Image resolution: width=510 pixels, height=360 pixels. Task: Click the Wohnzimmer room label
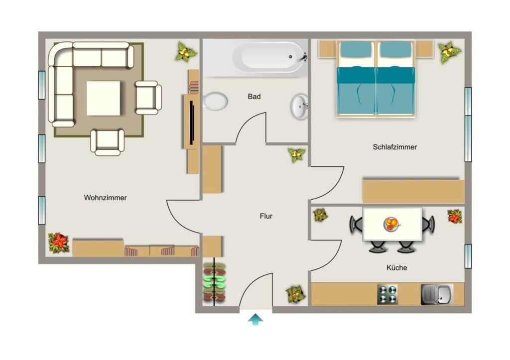[x=105, y=198]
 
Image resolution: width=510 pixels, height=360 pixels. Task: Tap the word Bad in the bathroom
[x=254, y=97]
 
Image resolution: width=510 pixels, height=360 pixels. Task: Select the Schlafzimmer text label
[x=395, y=147]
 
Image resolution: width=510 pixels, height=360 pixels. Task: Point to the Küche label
[x=396, y=268]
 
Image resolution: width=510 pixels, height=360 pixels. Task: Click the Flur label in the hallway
[x=266, y=216]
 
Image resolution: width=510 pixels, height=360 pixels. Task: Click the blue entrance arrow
[x=255, y=319]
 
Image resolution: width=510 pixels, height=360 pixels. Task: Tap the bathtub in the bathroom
[x=269, y=57]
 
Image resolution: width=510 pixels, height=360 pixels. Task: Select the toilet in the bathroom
[x=214, y=101]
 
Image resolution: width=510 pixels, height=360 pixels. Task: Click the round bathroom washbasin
[x=299, y=107]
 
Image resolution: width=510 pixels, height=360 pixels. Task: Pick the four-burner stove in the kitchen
[x=387, y=294]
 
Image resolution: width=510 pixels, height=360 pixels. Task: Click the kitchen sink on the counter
[x=437, y=294]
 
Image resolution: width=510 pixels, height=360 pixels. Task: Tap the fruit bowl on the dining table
[x=391, y=225]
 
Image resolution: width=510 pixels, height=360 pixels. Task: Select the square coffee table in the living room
[x=104, y=98]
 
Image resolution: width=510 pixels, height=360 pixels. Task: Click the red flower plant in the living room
[x=59, y=242]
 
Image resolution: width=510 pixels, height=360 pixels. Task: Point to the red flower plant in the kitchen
[x=455, y=217]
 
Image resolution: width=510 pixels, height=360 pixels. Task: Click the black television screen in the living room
[x=192, y=122]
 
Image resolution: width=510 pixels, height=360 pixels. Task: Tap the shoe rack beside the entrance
[x=214, y=282]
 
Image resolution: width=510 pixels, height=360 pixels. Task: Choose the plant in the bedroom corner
[x=449, y=52]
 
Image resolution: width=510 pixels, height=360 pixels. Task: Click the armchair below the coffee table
[x=108, y=142]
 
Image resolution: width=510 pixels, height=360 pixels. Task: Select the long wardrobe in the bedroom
[x=413, y=191]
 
